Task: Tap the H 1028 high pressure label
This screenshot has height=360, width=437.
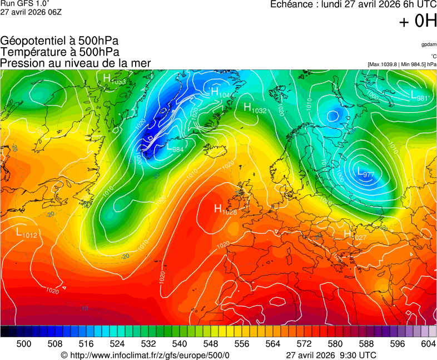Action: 226,209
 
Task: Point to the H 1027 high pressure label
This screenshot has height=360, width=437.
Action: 355,234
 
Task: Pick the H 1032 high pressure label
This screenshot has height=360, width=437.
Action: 255,108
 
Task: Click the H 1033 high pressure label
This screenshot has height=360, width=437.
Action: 114,79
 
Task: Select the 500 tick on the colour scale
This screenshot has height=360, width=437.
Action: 23,344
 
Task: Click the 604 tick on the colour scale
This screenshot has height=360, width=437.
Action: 428,344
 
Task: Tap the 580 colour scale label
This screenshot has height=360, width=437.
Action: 335,344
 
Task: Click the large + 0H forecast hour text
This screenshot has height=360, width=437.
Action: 418,22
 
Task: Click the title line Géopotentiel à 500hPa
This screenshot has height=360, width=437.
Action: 59,41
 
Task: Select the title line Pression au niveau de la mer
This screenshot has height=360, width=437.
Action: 76,63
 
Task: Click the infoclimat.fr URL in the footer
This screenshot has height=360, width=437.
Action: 145,355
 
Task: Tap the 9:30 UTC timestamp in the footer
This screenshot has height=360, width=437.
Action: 359,355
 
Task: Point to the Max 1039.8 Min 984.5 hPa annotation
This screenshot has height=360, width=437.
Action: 401,64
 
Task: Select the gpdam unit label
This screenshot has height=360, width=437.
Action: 429,44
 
